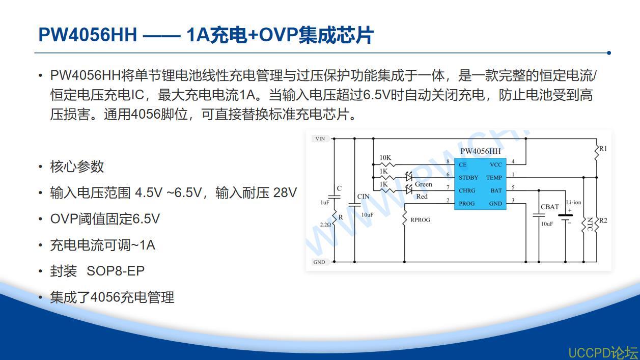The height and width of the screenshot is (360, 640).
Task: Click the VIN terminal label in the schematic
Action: [320, 139]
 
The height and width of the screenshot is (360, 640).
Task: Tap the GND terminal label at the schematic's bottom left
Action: [319, 262]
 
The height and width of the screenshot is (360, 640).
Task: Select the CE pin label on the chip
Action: [463, 164]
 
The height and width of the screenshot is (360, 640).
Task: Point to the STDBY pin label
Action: [468, 177]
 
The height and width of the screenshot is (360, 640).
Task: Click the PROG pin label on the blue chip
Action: [467, 204]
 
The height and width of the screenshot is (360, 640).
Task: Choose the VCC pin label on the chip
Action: [496, 164]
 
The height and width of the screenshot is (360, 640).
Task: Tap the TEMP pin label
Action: [494, 177]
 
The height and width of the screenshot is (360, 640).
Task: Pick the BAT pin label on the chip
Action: [496, 190]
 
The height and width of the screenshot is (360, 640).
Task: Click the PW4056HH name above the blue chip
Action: [481, 151]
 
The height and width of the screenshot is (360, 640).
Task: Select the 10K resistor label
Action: [385, 157]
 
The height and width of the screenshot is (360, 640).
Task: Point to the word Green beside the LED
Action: [424, 184]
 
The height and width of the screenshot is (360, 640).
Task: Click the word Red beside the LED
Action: [422, 197]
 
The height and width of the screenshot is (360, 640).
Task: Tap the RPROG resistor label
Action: [420, 219]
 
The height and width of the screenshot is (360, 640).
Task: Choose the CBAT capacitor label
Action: [550, 207]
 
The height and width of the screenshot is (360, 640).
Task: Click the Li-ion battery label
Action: [573, 202]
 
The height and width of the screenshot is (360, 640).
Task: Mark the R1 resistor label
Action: [603, 149]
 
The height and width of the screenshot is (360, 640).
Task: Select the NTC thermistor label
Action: [590, 224]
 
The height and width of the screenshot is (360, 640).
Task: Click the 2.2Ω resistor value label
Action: [325, 225]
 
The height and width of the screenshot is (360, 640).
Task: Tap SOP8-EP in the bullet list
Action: [116, 271]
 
